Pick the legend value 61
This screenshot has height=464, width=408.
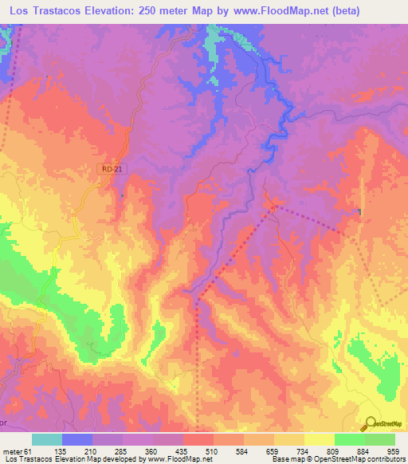point(29,451)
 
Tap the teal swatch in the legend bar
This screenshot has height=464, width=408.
point(47,439)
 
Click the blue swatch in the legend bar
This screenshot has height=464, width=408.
point(77,439)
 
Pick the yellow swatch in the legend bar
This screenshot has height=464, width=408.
point(319,439)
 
